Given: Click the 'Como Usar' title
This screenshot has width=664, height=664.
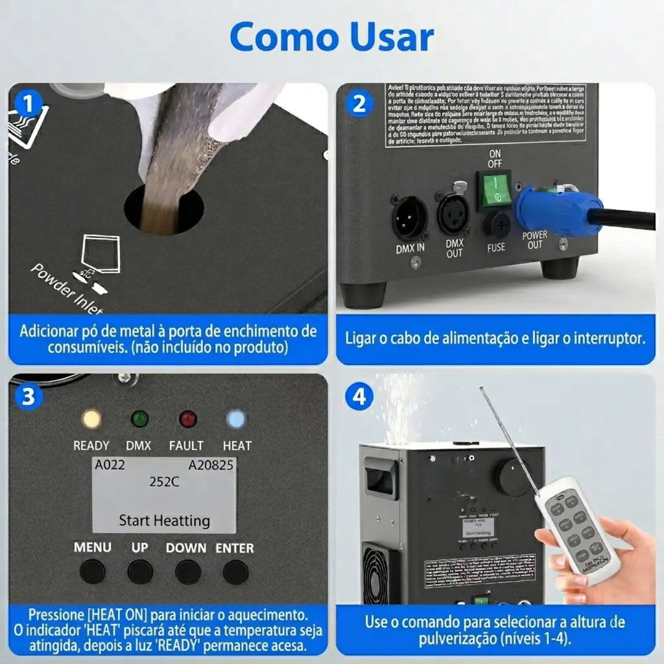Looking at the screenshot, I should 331,37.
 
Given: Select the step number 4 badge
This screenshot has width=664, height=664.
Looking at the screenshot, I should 359,396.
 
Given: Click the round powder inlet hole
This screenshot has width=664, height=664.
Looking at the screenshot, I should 163,209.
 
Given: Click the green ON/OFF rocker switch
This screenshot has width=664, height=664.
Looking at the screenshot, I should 494,189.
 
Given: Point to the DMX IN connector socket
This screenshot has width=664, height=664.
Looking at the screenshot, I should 410,218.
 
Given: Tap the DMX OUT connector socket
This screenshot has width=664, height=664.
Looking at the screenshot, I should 453,215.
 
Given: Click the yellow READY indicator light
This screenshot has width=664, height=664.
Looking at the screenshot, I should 91,419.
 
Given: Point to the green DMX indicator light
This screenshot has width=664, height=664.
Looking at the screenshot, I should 139,419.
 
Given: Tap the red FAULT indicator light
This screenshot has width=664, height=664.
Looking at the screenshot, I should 187,419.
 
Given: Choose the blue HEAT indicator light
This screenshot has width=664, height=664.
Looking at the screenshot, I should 236,419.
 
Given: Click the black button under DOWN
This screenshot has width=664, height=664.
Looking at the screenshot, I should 187,572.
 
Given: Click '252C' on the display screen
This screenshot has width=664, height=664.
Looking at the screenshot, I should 164,482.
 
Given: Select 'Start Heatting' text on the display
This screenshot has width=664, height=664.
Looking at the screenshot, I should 164,520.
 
